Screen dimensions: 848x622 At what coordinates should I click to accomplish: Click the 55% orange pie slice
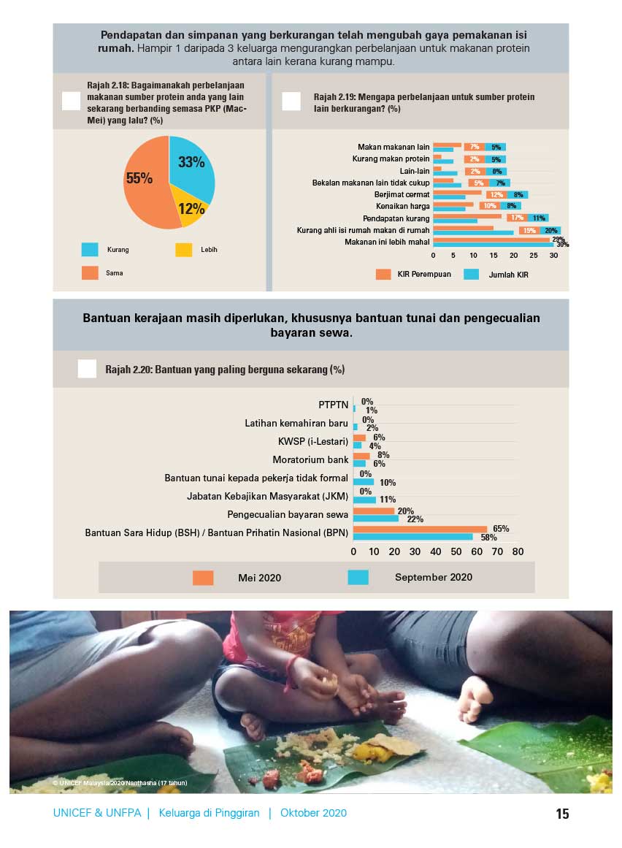(x=142, y=183)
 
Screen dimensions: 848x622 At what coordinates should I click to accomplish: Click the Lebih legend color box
(x=184, y=250)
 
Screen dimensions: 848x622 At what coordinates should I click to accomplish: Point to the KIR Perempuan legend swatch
(x=383, y=274)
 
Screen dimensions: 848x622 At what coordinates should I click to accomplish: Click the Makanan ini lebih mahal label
(x=387, y=242)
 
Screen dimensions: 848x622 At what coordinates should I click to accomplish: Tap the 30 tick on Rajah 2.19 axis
(x=553, y=256)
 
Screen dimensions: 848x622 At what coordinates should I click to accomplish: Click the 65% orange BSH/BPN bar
(x=420, y=529)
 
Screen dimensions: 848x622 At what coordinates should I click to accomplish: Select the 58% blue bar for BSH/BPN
(x=412, y=537)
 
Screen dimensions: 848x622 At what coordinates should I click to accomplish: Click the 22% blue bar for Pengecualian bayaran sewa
(x=376, y=519)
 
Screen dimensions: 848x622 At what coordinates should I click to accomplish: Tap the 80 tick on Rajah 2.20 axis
(x=518, y=552)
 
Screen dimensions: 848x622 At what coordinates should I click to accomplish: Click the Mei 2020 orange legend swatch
(x=203, y=578)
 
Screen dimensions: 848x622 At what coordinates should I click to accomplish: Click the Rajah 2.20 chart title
(x=224, y=370)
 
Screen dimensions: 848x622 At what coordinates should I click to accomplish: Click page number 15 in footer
(x=561, y=814)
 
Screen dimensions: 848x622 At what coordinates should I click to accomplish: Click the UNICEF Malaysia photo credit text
(x=120, y=782)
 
